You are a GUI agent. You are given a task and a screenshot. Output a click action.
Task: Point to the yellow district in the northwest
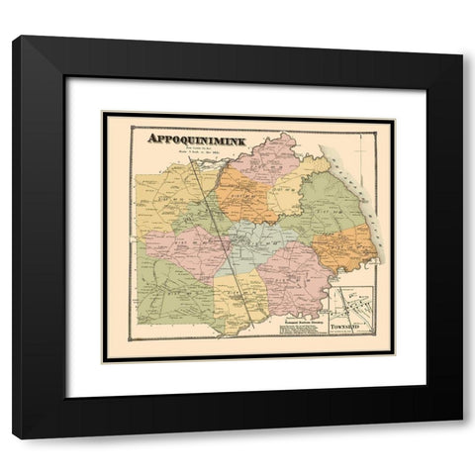[x=168, y=193]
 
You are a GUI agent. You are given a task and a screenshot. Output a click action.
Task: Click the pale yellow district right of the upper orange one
[x=287, y=198]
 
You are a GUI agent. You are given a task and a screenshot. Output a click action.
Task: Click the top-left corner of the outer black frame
[x=14, y=37]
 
